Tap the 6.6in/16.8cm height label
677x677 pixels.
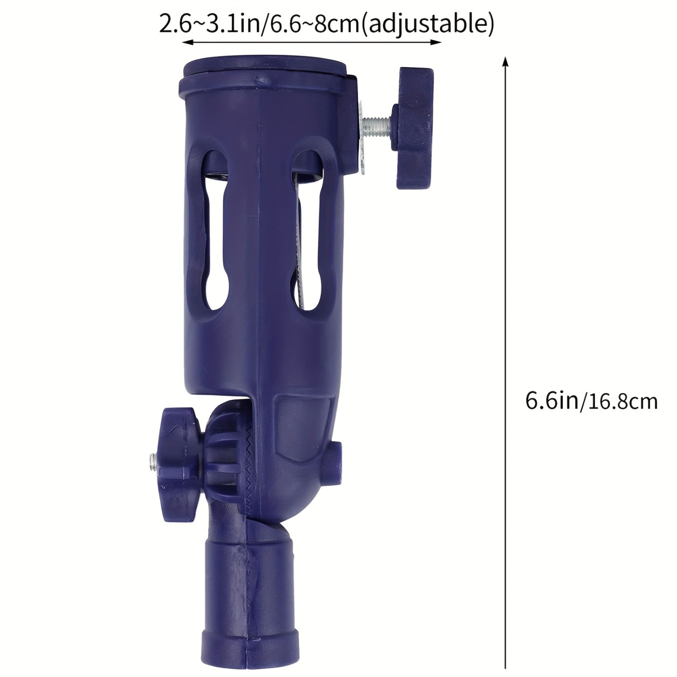(592, 400)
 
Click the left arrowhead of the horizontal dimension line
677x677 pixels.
(186, 42)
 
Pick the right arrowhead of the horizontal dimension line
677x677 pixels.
(436, 42)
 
